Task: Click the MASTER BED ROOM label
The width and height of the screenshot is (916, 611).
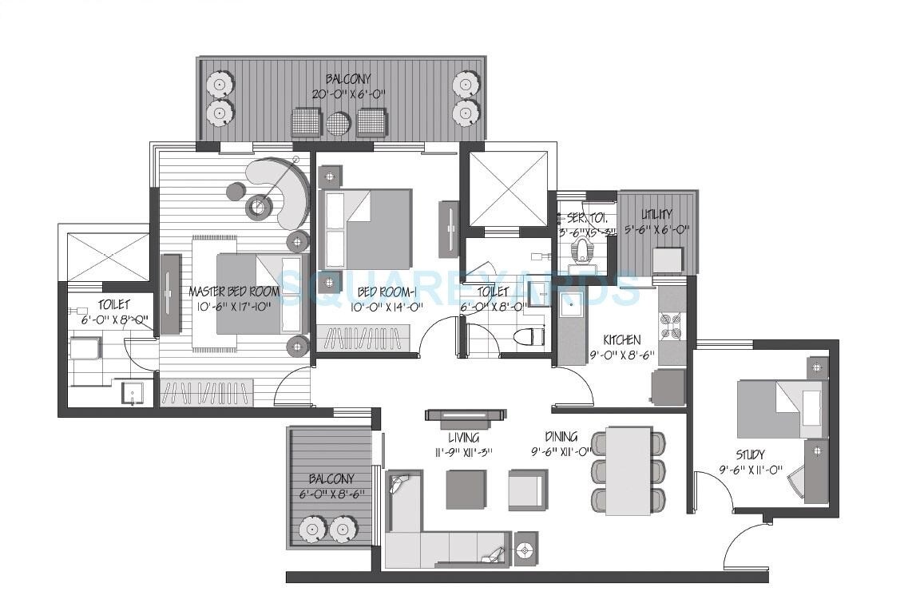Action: click(234, 292)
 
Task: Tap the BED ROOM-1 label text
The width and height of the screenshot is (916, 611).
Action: click(387, 292)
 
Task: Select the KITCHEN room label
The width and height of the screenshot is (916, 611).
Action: click(621, 340)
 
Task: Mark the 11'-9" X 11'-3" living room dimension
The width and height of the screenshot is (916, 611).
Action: click(463, 452)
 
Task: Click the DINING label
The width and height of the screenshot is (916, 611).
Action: click(561, 438)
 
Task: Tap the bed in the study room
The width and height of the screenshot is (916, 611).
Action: click(779, 408)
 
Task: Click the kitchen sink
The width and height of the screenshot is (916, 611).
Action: click(572, 306)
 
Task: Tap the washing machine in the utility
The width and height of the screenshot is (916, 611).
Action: click(668, 260)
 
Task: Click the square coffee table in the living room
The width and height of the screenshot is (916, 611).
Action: click(465, 489)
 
